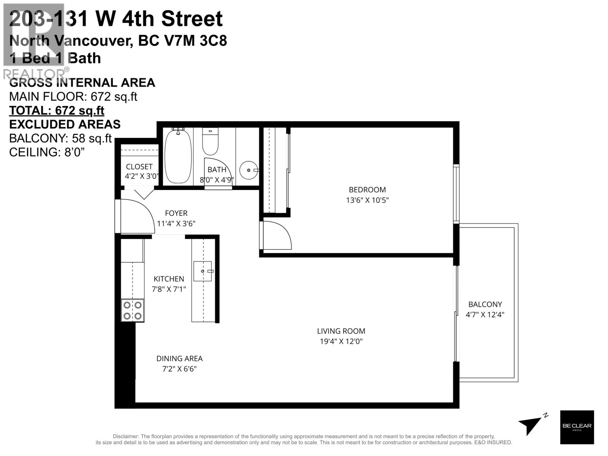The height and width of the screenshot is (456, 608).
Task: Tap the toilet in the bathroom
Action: [x=210, y=141]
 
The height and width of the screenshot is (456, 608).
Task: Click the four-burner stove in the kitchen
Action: [x=133, y=310]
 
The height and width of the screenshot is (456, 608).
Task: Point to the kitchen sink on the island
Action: [x=203, y=271]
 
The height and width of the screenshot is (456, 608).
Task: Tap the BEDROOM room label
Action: [x=367, y=190]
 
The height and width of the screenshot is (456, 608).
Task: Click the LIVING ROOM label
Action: [x=341, y=331]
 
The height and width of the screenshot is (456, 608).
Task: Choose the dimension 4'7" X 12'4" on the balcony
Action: [x=485, y=315]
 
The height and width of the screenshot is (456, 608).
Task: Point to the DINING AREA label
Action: [x=179, y=358]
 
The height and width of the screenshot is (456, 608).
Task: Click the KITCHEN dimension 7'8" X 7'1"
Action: [x=169, y=289]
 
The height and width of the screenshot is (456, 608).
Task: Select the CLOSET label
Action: [x=139, y=166]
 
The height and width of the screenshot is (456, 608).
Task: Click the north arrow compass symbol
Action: [x=531, y=425]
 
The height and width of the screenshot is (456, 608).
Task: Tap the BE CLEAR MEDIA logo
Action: [x=577, y=427]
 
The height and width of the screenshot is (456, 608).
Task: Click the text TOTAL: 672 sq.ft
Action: [x=57, y=111]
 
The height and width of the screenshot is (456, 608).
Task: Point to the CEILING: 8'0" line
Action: [x=47, y=152]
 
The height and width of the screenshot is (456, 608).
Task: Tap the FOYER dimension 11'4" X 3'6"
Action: [x=176, y=223]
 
